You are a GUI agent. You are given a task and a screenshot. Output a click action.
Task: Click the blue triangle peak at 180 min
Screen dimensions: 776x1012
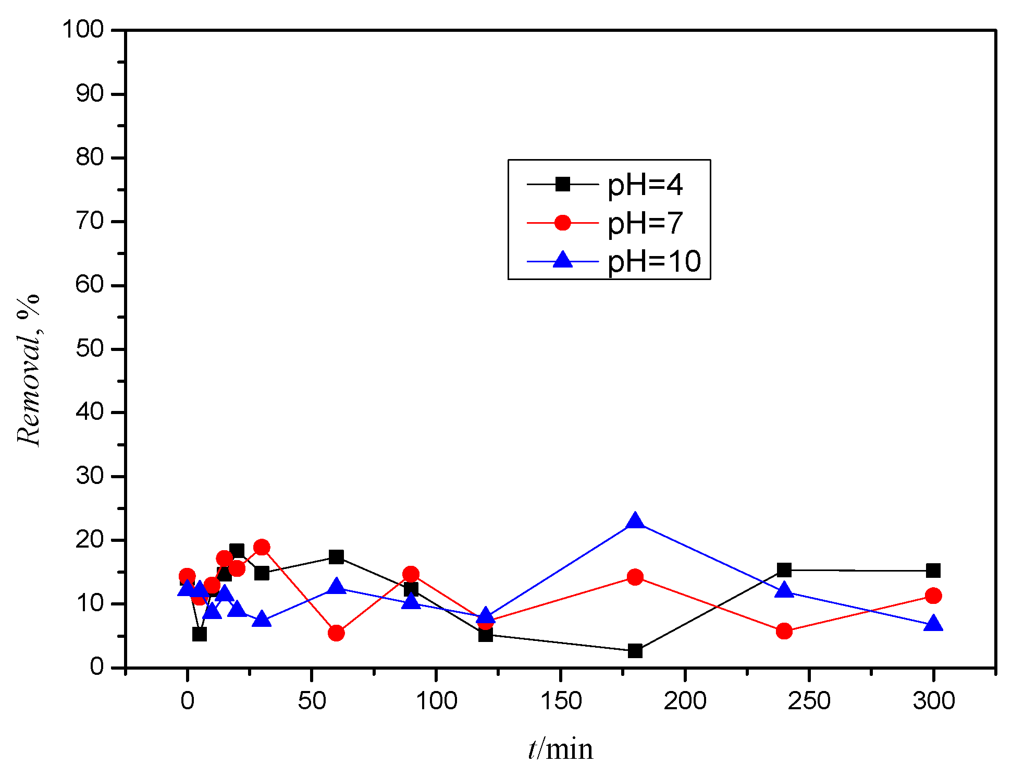[635, 522]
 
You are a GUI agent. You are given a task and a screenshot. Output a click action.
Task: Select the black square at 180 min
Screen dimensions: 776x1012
[635, 650]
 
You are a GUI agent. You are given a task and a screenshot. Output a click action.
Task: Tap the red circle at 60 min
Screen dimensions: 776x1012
[336, 633]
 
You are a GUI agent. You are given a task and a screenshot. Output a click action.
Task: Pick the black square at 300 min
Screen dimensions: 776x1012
[933, 571]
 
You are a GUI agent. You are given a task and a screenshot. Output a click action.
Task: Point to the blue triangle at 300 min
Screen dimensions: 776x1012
[933, 624]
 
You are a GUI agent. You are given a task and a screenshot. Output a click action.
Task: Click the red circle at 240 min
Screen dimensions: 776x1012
[784, 632]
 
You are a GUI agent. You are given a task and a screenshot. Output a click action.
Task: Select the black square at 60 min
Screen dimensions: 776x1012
[336, 557]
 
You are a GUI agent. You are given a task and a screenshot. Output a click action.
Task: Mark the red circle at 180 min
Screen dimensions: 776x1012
[635, 577]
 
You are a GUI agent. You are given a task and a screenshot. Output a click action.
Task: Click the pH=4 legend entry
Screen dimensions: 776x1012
[645, 185]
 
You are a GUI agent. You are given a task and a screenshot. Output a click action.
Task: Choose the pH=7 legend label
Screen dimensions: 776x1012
[645, 223]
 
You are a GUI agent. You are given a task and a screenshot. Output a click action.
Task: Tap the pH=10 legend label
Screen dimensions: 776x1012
[654, 261]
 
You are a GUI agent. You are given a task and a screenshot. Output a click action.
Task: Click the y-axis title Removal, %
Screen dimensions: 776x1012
[28, 370]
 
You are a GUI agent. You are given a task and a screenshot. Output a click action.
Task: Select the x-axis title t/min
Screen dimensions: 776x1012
[560, 749]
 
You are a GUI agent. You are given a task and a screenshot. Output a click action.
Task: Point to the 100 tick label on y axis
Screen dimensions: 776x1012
[83, 29]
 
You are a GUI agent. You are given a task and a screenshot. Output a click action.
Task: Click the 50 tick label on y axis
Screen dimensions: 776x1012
[90, 348]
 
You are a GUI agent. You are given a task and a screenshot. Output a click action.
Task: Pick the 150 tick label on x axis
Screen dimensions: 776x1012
[560, 701]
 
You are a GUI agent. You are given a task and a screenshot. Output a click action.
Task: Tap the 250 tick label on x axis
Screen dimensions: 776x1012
[809, 701]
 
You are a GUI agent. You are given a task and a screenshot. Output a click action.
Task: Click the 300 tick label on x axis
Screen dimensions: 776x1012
[933, 701]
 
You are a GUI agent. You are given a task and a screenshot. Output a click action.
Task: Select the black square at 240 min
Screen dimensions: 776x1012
[784, 570]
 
